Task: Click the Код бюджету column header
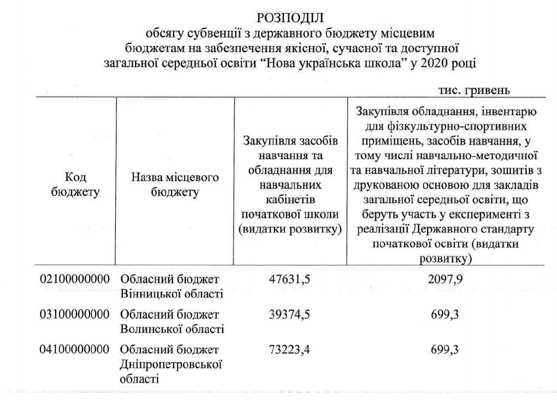(x=75, y=184)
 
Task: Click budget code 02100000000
(x=74, y=279)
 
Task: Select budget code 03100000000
(x=74, y=314)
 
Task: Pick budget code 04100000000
(x=74, y=350)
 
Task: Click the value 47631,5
(x=290, y=279)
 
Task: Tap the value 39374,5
(x=290, y=314)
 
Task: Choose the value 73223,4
(x=290, y=350)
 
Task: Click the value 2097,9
(x=445, y=279)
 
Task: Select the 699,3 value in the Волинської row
(x=445, y=314)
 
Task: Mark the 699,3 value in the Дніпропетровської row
(x=445, y=350)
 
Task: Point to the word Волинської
(x=147, y=329)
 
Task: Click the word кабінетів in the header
(x=290, y=200)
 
